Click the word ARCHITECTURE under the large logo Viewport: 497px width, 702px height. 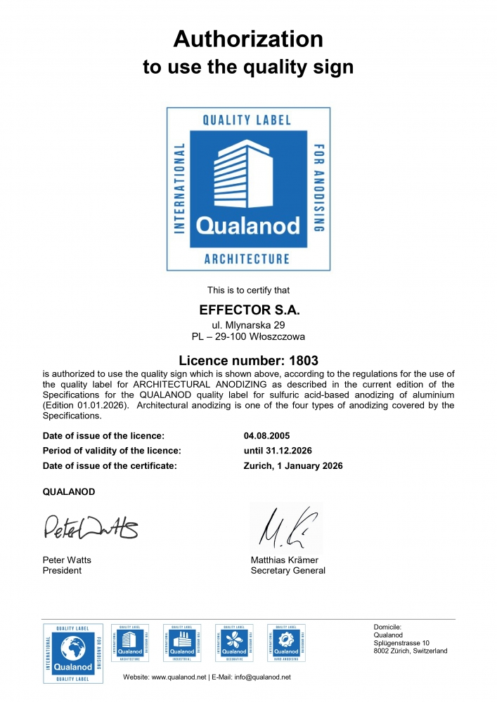coord(247,259)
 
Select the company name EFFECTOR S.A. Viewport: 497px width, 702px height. coord(248,309)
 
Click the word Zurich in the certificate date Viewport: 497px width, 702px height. coord(257,465)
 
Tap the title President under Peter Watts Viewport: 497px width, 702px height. coord(63,571)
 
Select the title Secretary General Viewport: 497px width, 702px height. coord(288,571)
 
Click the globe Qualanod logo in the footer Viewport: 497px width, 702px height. coord(68,653)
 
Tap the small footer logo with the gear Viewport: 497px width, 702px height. coord(286,642)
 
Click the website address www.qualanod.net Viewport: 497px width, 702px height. coord(179,677)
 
